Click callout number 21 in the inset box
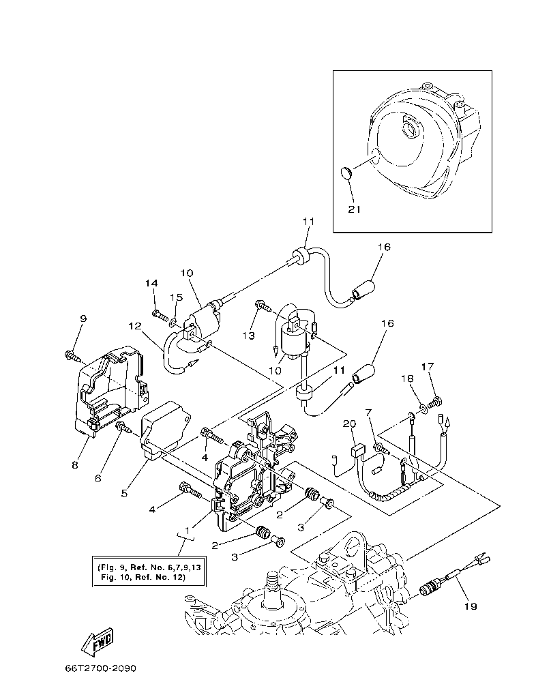[354, 209]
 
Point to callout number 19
[470, 605]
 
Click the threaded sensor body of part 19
[430, 587]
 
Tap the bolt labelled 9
[72, 355]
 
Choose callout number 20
[350, 424]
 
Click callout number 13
[249, 336]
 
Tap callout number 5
[124, 492]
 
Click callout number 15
[176, 297]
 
